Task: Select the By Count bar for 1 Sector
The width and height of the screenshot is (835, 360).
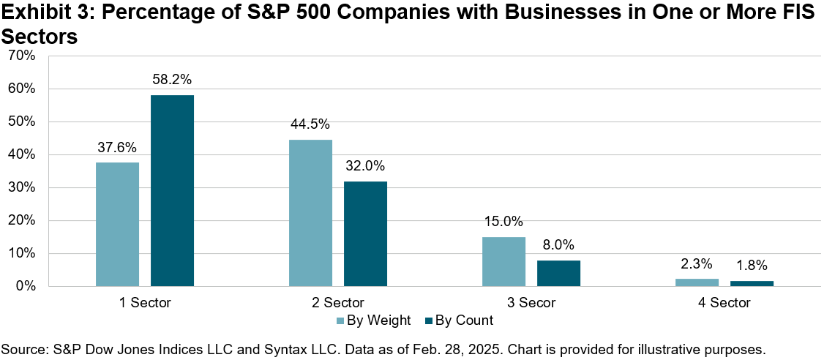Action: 172,190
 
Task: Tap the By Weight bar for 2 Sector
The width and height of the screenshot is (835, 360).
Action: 310,213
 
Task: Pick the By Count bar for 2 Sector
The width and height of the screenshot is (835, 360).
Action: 365,233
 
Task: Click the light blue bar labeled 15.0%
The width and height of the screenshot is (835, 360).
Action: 503,261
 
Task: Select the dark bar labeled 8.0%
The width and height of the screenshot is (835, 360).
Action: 558,273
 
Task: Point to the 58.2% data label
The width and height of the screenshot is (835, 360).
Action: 172,80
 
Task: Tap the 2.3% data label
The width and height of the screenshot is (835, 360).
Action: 696,264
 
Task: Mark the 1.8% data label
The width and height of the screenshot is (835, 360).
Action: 752,266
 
